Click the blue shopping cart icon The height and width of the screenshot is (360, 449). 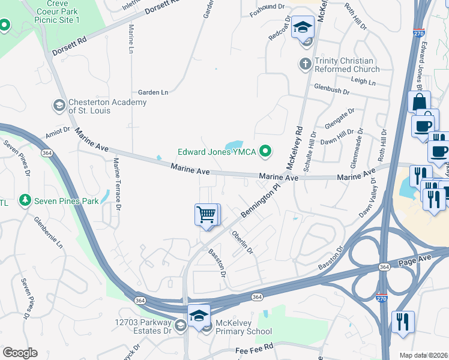(206, 214)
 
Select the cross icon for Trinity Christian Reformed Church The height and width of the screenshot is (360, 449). (305, 63)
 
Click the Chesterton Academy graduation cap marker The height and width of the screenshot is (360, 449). (59, 106)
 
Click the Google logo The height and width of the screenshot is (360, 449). (20, 353)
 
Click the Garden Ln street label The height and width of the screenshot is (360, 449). (153, 92)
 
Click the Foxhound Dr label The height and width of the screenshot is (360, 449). (268, 7)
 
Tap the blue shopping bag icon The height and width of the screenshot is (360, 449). (419, 101)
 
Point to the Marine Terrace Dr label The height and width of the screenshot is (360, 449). (118, 184)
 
